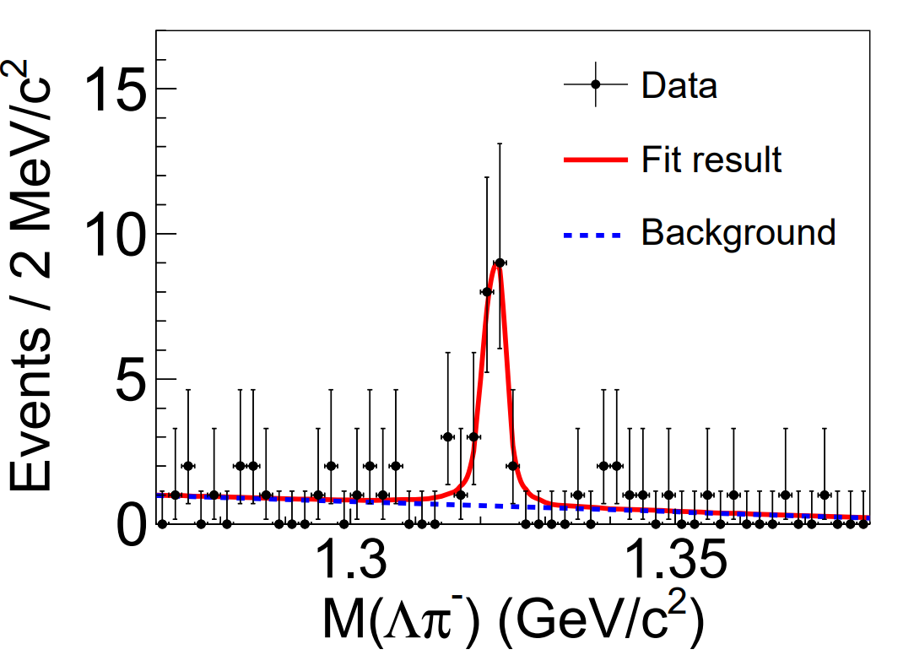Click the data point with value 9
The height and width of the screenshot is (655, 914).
coord(500,263)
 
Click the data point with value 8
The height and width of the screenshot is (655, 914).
coord(487,291)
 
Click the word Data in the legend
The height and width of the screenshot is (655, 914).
coord(679,85)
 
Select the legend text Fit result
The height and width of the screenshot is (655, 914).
coord(711,158)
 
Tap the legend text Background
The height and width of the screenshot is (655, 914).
coord(738,231)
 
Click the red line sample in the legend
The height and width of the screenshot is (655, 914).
coord(596,158)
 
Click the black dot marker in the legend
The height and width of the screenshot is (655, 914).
coord(596,84)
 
